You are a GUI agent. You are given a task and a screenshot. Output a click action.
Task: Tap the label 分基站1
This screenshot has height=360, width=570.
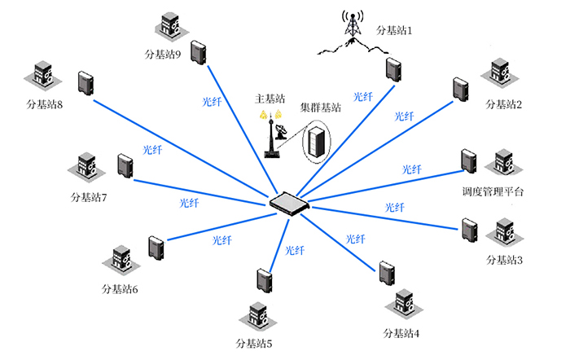[x=395, y=31]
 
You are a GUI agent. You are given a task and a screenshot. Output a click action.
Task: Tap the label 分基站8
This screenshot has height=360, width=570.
[x=45, y=104]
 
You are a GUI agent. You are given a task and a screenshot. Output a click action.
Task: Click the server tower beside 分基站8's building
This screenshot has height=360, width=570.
[x=85, y=83]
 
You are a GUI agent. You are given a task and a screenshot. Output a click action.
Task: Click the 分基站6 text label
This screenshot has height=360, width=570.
[x=120, y=289]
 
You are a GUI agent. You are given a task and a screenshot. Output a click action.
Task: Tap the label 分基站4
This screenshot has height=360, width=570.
[x=401, y=332]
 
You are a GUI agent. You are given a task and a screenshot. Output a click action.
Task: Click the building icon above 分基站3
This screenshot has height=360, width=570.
[x=502, y=234]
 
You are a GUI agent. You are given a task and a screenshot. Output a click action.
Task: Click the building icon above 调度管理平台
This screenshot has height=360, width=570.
[x=503, y=162]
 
